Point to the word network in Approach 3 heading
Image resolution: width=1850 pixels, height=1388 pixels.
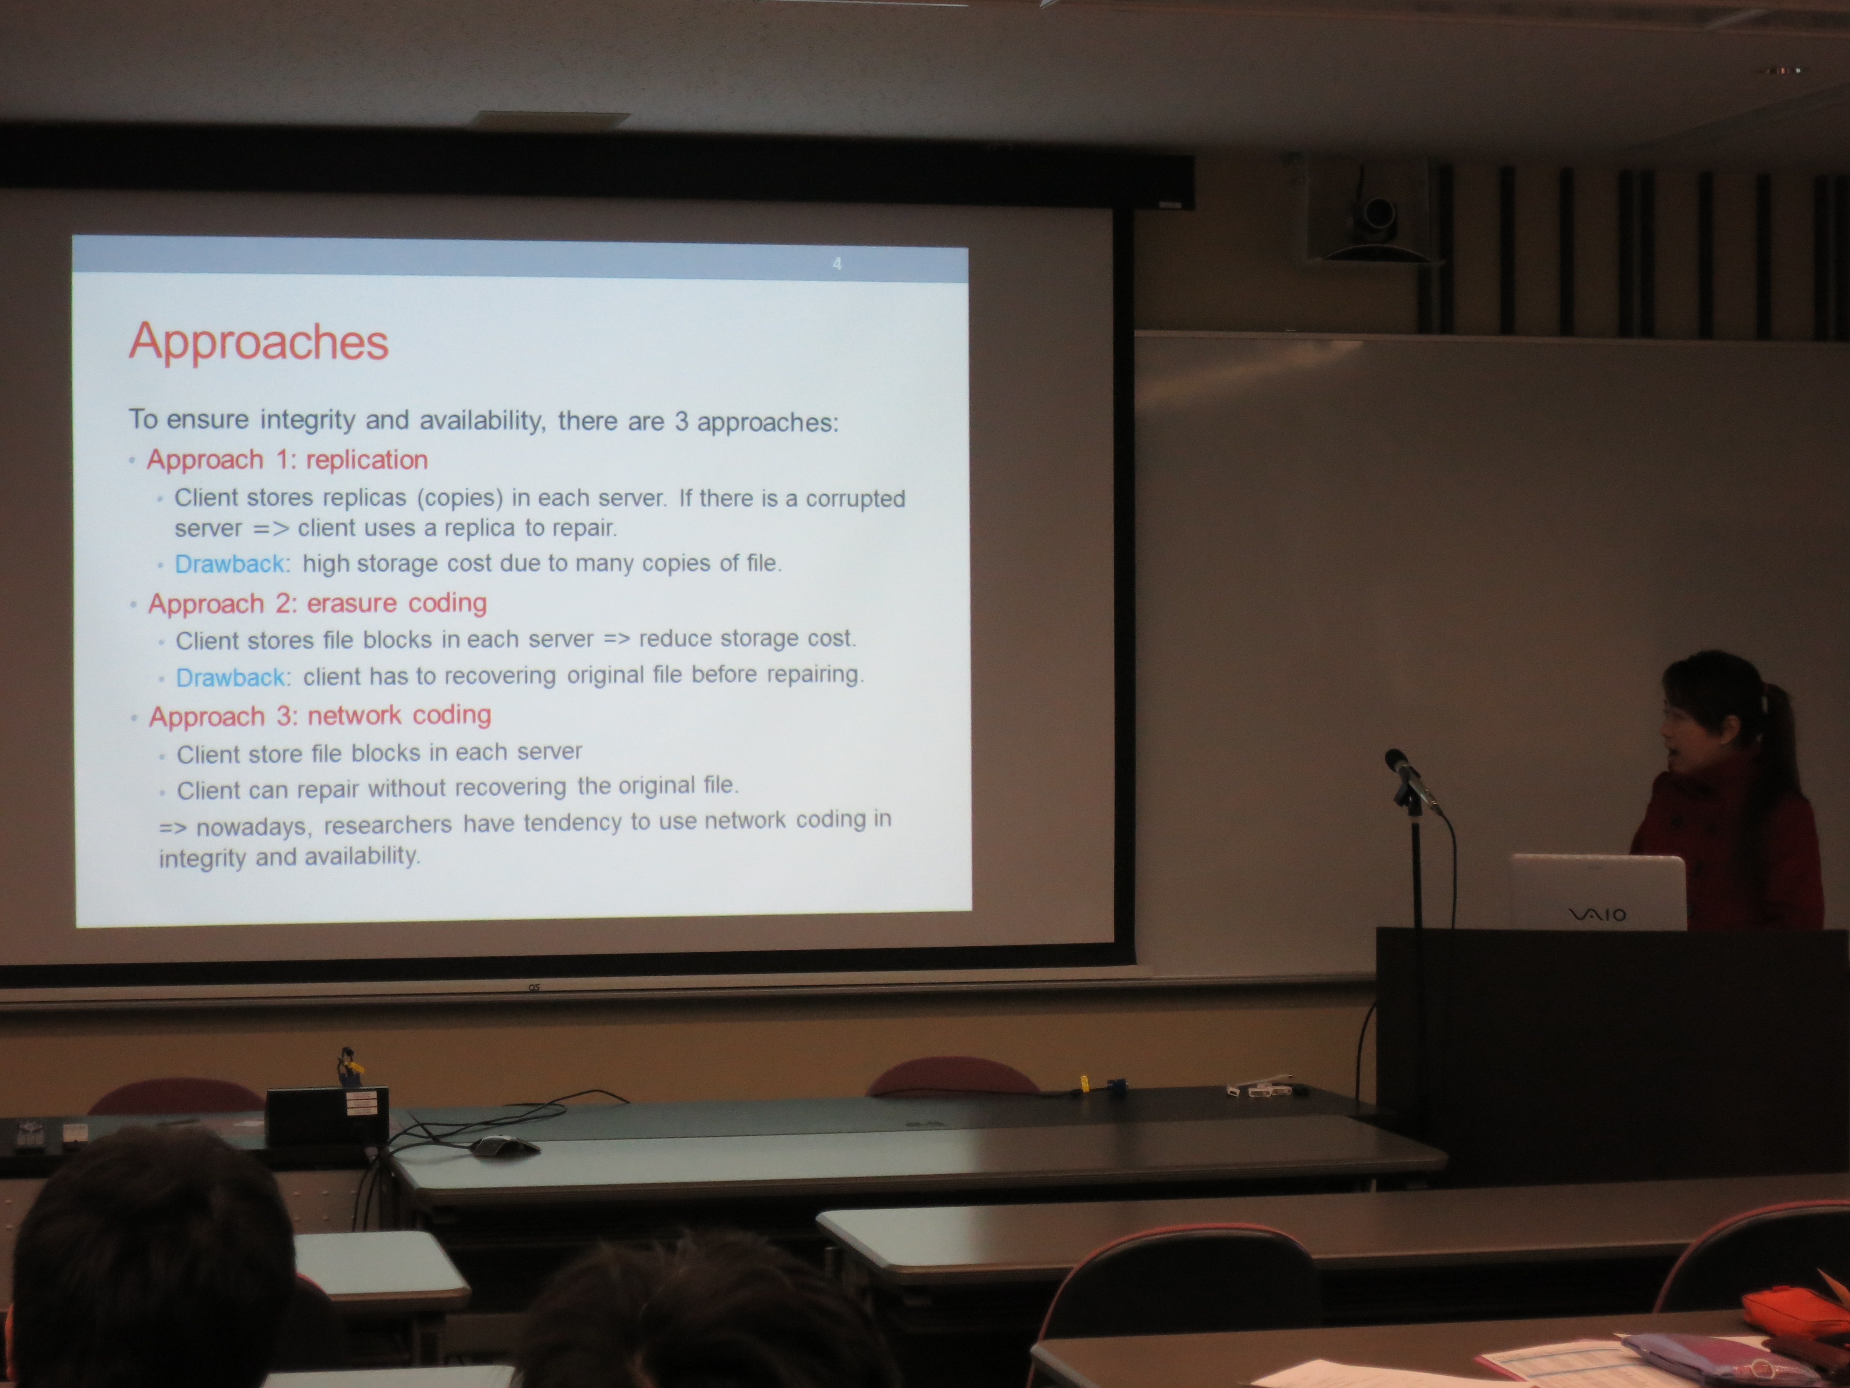pyautogui.click(x=354, y=715)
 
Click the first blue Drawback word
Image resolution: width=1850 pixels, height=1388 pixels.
pyautogui.click(x=229, y=564)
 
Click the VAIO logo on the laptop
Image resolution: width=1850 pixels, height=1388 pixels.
pyautogui.click(x=1597, y=914)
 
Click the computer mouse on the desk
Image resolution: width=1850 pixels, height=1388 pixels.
pyautogui.click(x=504, y=1145)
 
